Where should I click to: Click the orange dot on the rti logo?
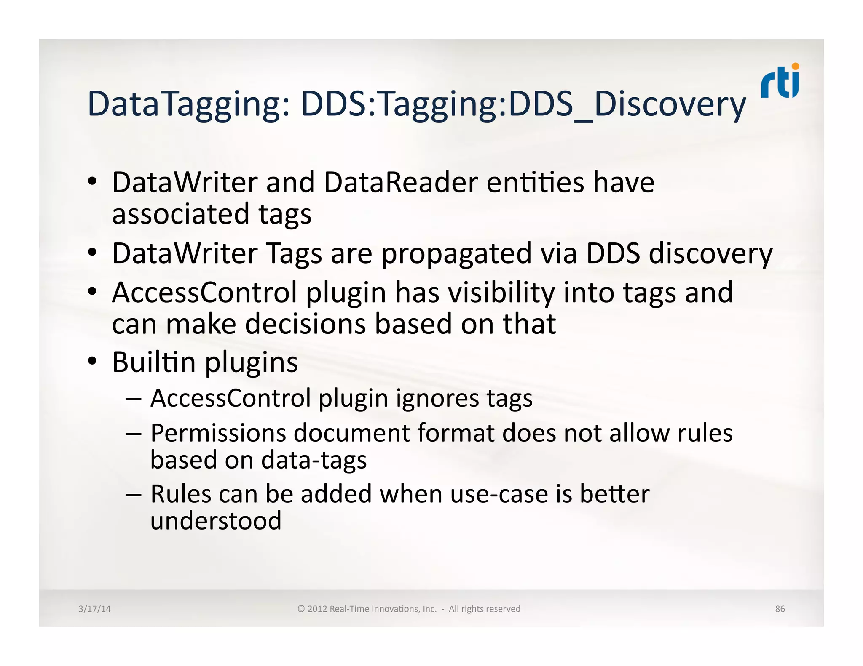pos(796,66)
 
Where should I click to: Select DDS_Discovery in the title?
pos(627,104)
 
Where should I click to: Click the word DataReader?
pos(400,183)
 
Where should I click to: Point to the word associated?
pos(180,214)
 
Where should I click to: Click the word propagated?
pos(456,254)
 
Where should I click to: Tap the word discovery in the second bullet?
pos(710,254)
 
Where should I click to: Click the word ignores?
pos(437,398)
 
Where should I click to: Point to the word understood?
pos(216,521)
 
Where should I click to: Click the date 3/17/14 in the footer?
pos(94,609)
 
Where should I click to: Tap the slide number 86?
pos(780,609)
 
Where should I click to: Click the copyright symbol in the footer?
pos(301,609)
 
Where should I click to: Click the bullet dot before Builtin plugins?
pos(92,361)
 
